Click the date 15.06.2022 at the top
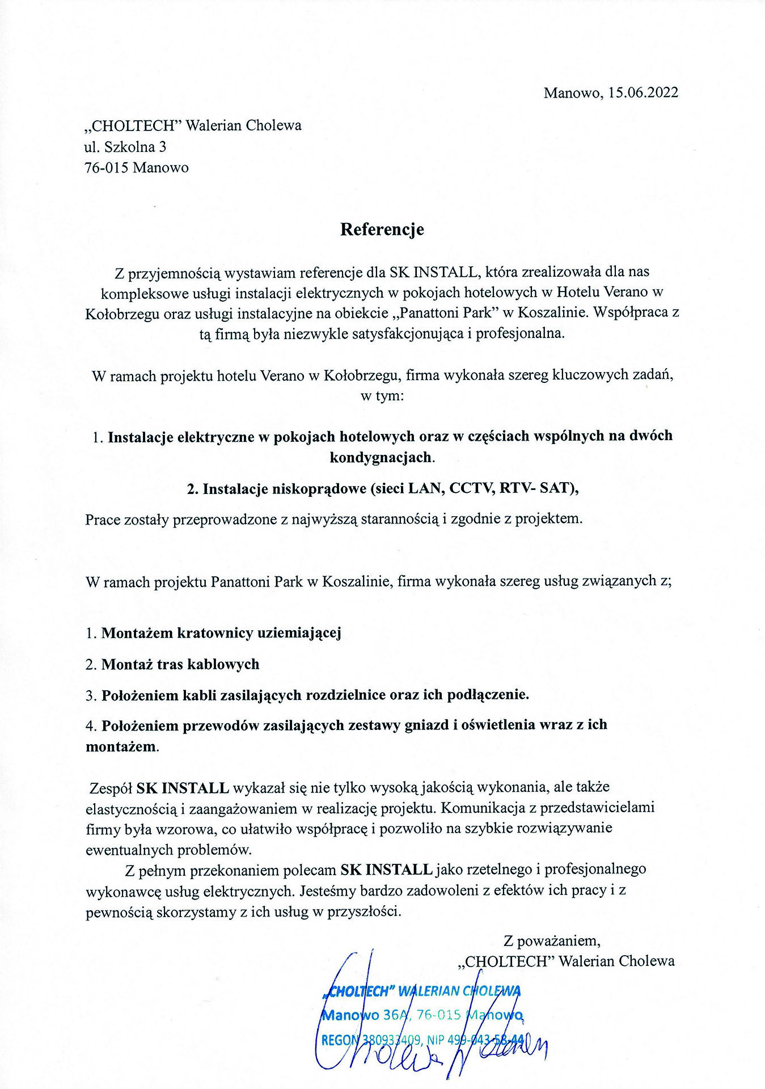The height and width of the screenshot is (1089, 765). [643, 92]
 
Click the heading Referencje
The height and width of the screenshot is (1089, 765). [382, 229]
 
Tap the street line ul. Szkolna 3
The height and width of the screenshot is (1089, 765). [125, 147]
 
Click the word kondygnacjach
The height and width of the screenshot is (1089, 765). [381, 457]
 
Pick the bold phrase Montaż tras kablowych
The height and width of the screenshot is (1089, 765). [180, 664]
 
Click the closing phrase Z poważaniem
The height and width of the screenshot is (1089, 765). [552, 940]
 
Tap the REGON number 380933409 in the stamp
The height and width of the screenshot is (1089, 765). [391, 1040]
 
